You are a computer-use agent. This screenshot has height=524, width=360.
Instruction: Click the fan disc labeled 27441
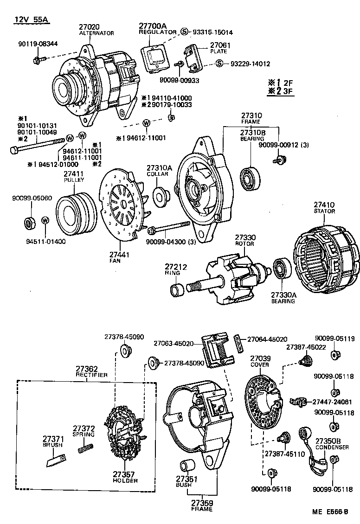(x=122, y=204)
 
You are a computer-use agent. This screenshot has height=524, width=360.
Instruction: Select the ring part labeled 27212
(x=177, y=291)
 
